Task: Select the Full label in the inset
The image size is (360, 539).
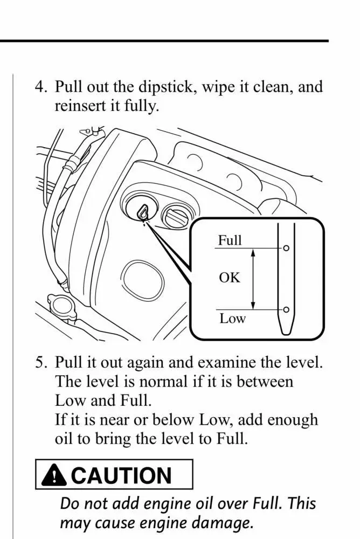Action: [x=230, y=240]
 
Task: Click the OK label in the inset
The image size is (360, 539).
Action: [x=229, y=278]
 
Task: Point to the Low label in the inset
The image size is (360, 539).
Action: [x=232, y=319]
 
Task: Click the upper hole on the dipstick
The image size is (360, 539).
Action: [x=286, y=248]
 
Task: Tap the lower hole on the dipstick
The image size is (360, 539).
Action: [x=286, y=309]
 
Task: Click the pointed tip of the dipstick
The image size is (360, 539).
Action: [x=286, y=330]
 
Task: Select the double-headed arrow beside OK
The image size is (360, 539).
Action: [x=253, y=279]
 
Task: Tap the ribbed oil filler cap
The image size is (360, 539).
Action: [x=176, y=218]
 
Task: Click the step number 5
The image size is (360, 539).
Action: [x=41, y=362]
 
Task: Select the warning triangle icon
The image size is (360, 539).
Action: [x=54, y=475]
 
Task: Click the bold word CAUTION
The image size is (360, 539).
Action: [x=121, y=475]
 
